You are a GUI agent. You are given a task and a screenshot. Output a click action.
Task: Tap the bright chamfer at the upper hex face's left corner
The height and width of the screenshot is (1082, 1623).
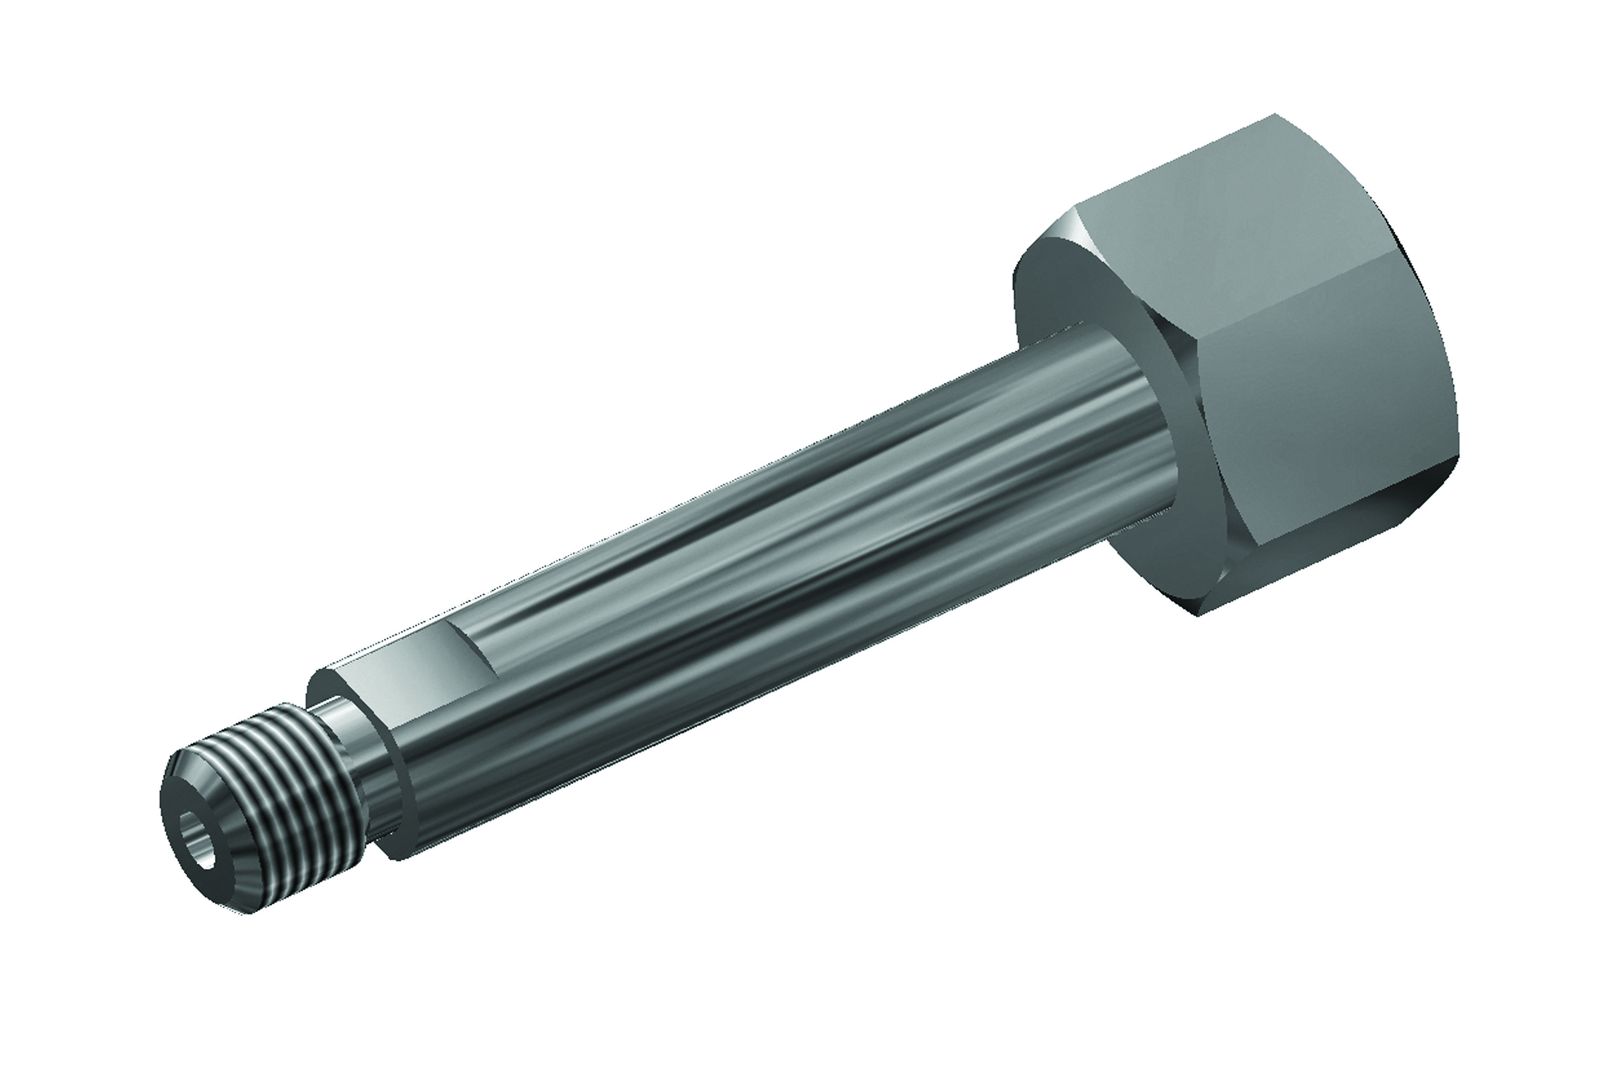(1056, 235)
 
